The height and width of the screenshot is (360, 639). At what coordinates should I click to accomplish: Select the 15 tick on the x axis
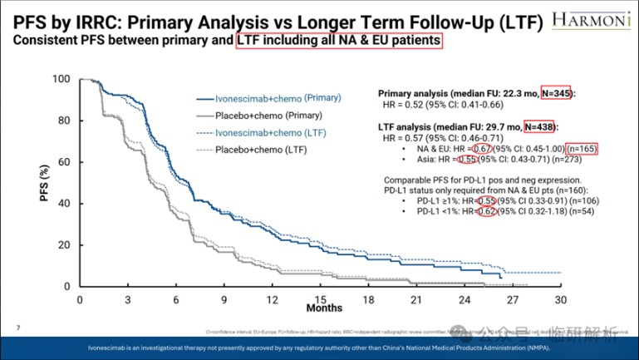point(320,299)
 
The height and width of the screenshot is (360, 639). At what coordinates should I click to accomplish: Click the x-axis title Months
point(323,309)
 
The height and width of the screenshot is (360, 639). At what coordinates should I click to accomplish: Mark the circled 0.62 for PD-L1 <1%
point(489,212)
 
